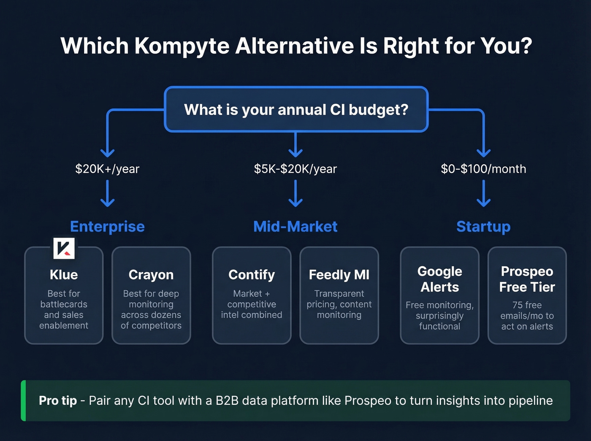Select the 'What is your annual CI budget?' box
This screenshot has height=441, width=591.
pyautogui.click(x=296, y=110)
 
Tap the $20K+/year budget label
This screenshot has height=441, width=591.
pyautogui.click(x=107, y=169)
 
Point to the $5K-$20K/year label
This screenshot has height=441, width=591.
pyautogui.click(x=295, y=169)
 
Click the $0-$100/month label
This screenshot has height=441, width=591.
pyautogui.click(x=483, y=169)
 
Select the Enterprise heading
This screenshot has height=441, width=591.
pyautogui.click(x=107, y=227)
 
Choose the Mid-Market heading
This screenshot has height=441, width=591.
pyautogui.click(x=295, y=227)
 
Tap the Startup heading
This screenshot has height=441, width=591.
pyautogui.click(x=483, y=227)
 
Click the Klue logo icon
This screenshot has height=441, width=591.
pyautogui.click(x=64, y=248)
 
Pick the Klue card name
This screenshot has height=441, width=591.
pyautogui.click(x=64, y=275)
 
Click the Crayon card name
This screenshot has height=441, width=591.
pyautogui.click(x=151, y=275)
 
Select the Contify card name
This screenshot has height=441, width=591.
pyautogui.click(x=252, y=275)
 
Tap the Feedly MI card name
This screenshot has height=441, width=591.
pyautogui.click(x=339, y=275)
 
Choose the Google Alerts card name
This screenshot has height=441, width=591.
pyautogui.click(x=439, y=279)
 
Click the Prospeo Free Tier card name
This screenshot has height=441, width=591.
pyautogui.click(x=527, y=279)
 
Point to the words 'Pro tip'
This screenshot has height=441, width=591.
pyautogui.click(x=58, y=400)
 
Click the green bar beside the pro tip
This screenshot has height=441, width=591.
pyautogui.click(x=24, y=400)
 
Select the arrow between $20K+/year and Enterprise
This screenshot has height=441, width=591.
pyautogui.click(x=107, y=193)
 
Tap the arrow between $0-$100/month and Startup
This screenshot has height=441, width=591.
pyautogui.click(x=483, y=193)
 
